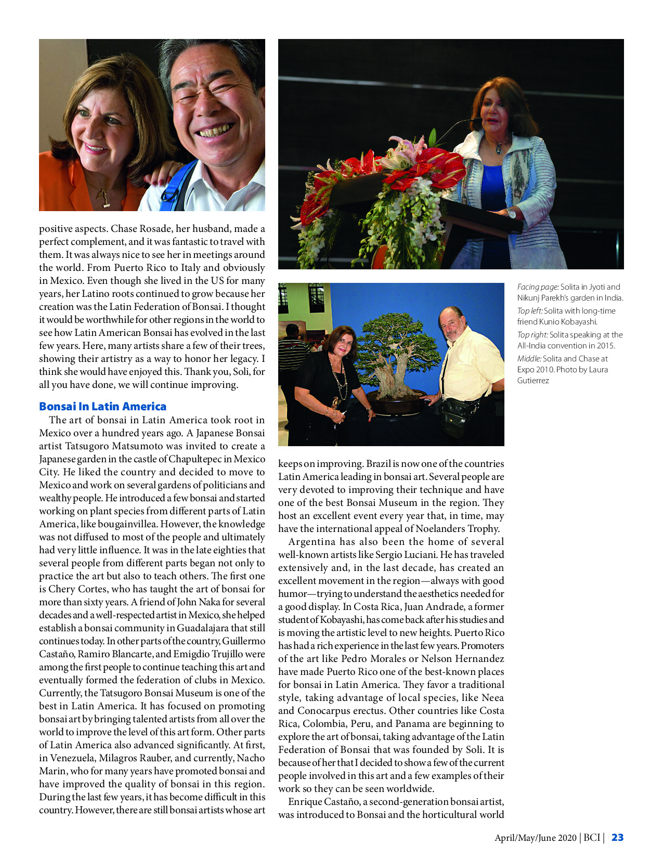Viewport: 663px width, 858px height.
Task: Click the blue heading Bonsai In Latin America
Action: tap(102, 407)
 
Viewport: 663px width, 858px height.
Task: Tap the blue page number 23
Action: tap(617, 837)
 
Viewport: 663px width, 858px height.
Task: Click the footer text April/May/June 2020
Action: tap(535, 838)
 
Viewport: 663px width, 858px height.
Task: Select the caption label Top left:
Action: tap(530, 311)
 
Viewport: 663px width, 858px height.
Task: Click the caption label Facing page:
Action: tap(538, 287)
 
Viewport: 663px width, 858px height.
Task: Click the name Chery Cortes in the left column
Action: tap(78, 589)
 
